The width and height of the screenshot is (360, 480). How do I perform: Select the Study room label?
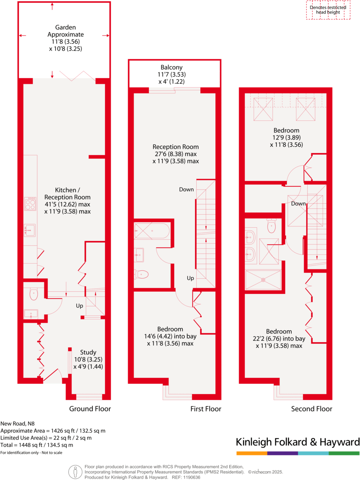pyautogui.click(x=88, y=352)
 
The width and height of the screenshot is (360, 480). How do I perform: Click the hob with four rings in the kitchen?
pyautogui.click(x=30, y=204)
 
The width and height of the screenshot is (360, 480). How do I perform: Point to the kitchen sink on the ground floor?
pyautogui.click(x=30, y=230)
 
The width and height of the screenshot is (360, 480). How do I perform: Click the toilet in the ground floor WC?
pyautogui.click(x=33, y=294)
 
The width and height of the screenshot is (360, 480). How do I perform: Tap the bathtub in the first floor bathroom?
pyautogui.click(x=152, y=231)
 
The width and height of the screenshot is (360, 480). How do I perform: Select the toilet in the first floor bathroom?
pyautogui.click(x=141, y=275)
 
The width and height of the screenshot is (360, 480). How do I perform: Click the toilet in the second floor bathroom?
pyautogui.click(x=271, y=226)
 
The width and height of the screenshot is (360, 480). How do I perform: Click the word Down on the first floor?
pyautogui.click(x=186, y=190)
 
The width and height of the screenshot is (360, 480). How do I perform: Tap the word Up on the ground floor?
pyautogui.click(x=79, y=306)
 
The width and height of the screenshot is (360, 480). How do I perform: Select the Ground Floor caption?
pyautogui.click(x=90, y=409)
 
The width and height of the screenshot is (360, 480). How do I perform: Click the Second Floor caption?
pyautogui.click(x=311, y=409)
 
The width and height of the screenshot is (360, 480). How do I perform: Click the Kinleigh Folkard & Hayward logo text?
pyautogui.click(x=298, y=442)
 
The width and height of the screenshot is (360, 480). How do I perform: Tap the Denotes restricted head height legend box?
pyautogui.click(x=328, y=10)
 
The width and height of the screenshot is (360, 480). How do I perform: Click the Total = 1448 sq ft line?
pyautogui.click(x=37, y=445)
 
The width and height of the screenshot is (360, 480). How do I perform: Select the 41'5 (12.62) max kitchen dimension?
pyautogui.click(x=67, y=204)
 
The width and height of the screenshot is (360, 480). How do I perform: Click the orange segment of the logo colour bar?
pyautogui.click(x=251, y=453)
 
